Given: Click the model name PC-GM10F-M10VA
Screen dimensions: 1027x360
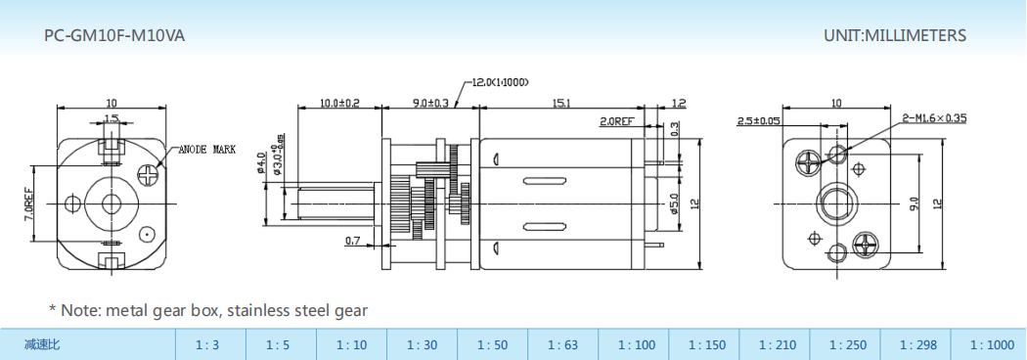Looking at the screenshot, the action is (x=114, y=36).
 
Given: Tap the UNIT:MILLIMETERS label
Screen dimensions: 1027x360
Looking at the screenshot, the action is (x=895, y=36).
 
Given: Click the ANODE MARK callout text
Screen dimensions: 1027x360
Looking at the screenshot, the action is (x=207, y=150).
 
